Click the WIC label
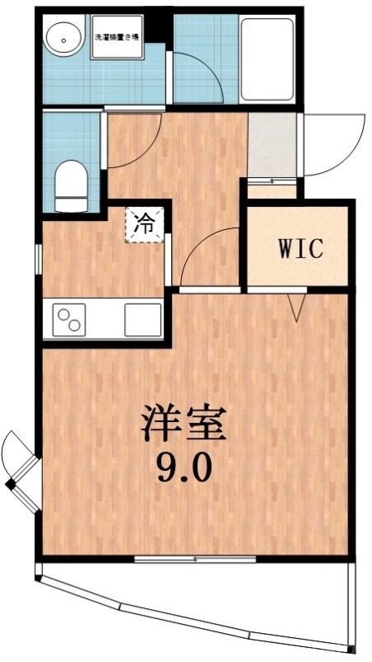click(x=299, y=248)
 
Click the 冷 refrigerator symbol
click(x=144, y=223)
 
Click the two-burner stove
click(x=69, y=319)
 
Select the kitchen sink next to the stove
click(x=143, y=319)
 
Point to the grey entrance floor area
click(x=272, y=145)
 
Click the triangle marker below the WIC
click(x=297, y=309)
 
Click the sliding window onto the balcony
click(x=195, y=560)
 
